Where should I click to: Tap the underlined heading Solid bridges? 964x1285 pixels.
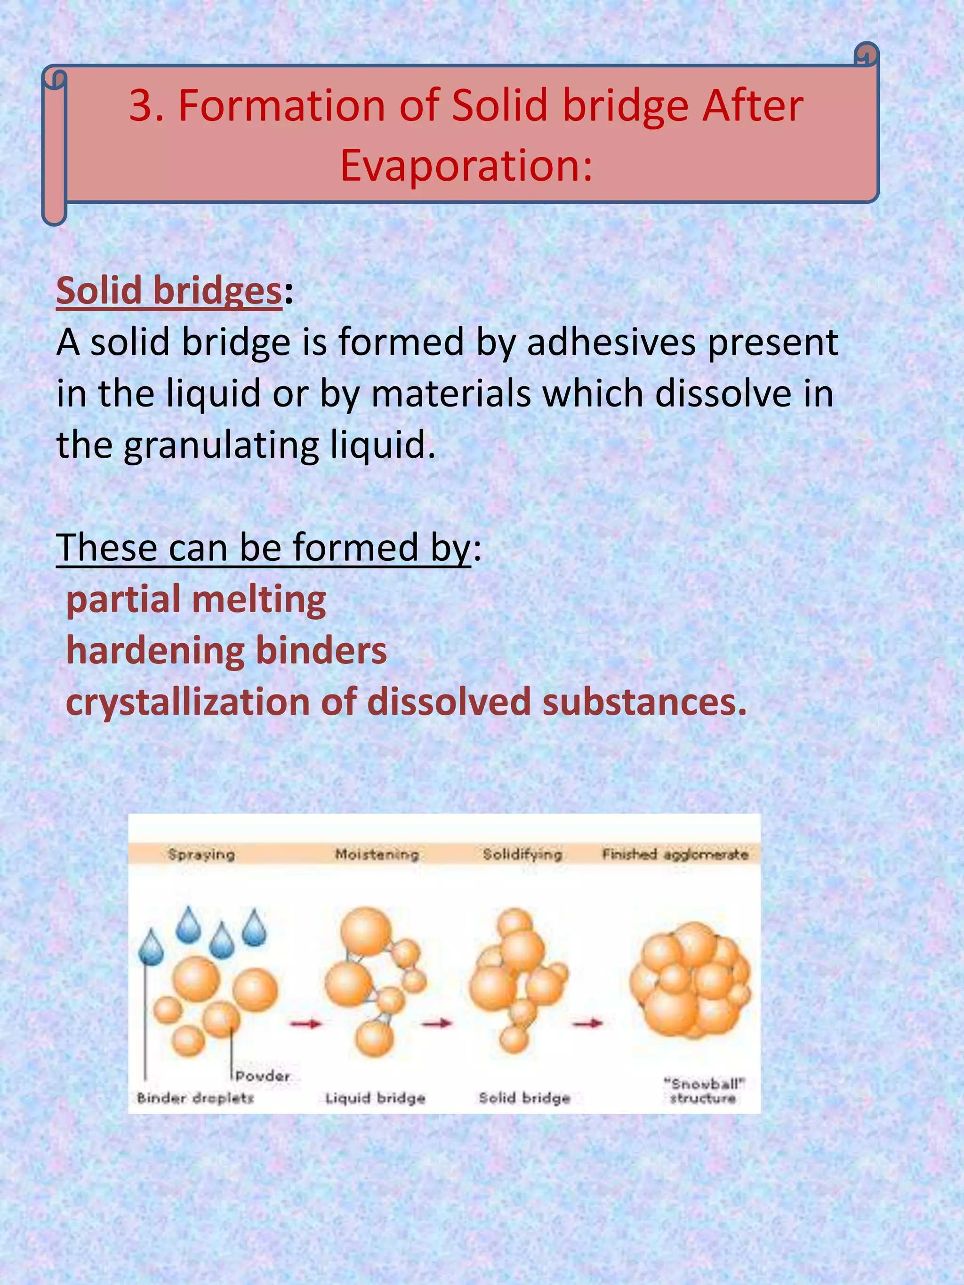pos(169,290)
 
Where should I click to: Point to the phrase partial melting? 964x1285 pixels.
pos(196,599)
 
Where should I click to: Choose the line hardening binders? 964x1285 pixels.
pos(226,651)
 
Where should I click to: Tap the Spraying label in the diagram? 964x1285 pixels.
pos(201,854)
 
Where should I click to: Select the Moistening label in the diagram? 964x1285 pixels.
pos(377,854)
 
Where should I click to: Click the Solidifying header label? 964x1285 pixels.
pos(522,854)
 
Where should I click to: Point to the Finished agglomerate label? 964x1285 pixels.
pos(675,854)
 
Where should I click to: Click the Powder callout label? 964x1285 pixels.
pos(263,1076)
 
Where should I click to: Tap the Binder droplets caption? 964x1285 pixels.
pos(195,1098)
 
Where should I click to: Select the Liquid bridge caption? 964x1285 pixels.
pos(375,1098)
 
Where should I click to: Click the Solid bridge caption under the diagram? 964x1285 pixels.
pos(524,1098)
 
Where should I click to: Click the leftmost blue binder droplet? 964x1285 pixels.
pos(152,948)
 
